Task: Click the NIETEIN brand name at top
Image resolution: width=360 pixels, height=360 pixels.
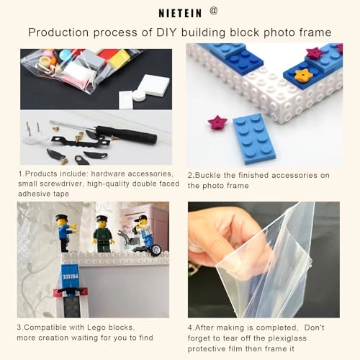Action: point(180,13)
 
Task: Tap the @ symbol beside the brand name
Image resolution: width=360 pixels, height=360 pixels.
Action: point(213,11)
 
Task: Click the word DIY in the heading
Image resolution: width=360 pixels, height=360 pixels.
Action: point(166,32)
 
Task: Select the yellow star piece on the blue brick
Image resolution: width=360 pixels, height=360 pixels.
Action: point(304,75)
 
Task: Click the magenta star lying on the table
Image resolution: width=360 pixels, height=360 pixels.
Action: point(217,122)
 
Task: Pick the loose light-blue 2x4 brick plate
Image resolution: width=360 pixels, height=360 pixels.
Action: point(254,139)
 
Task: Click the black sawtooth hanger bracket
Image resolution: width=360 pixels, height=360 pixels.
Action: point(81,142)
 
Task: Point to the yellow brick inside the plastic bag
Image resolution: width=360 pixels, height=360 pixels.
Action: point(118,58)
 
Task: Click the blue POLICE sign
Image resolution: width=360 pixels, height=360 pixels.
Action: point(71,276)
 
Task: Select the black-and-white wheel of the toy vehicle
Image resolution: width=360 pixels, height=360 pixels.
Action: point(156,249)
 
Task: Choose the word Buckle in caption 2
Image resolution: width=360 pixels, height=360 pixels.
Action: point(208,175)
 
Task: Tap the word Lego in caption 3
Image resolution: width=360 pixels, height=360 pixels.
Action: point(96,328)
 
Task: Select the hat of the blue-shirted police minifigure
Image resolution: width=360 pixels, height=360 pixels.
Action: point(62,218)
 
